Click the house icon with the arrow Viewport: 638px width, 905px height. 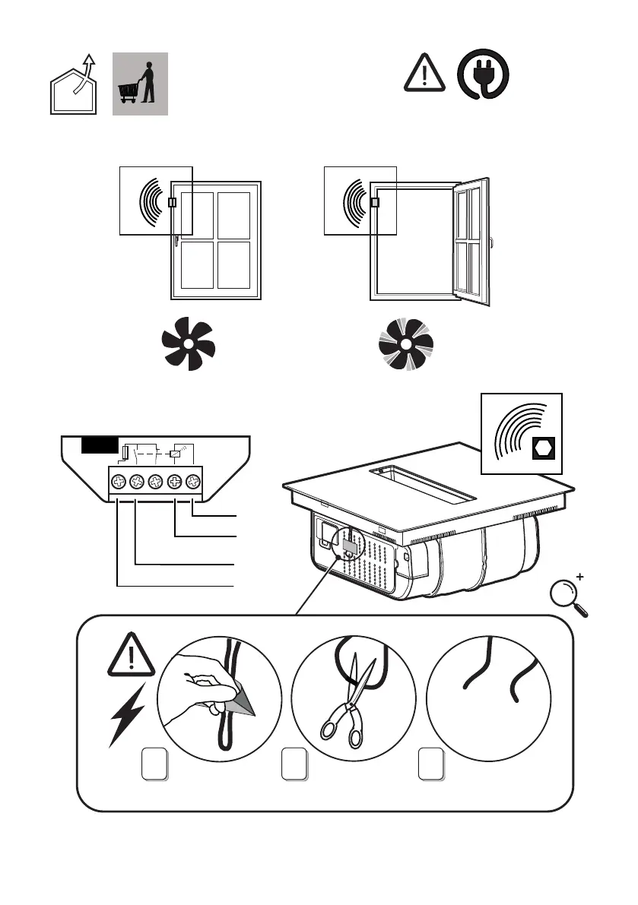pyautogui.click(x=73, y=87)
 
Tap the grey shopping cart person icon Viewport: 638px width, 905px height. pyautogui.click(x=139, y=84)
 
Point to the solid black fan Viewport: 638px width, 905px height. pyautogui.click(x=188, y=344)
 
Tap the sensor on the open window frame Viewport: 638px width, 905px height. pyautogui.click(x=374, y=202)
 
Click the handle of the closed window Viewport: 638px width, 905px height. pyautogui.click(x=176, y=242)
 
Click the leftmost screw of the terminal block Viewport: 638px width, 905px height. pyautogui.click(x=118, y=481)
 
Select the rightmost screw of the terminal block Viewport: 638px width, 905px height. pyautogui.click(x=193, y=481)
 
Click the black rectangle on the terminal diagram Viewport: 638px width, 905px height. pyautogui.click(x=100, y=445)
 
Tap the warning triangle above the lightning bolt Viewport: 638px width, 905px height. pyautogui.click(x=132, y=654)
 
